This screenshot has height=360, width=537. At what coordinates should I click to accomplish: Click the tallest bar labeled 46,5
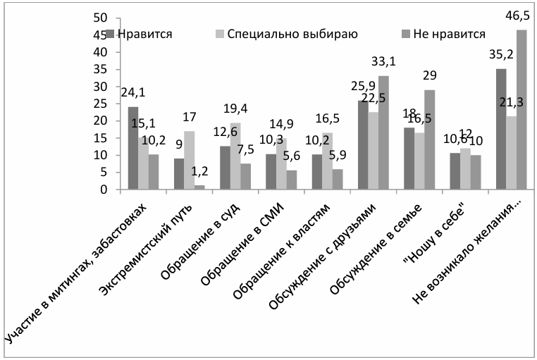(x=521, y=110)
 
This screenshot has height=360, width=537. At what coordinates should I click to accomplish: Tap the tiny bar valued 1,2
(x=201, y=187)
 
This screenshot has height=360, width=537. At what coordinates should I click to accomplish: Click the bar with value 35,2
(x=500, y=129)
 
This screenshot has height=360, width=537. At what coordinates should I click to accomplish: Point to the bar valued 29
(x=429, y=139)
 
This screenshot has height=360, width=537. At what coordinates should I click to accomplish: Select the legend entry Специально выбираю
(x=285, y=33)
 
